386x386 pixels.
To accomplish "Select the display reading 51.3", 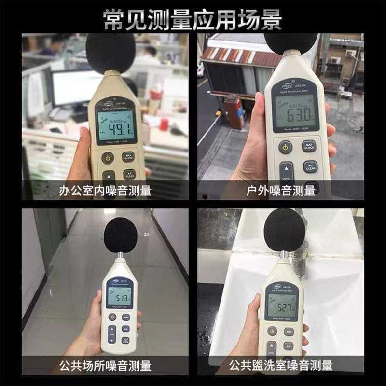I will (119, 298).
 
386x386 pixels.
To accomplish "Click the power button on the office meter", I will (107, 157).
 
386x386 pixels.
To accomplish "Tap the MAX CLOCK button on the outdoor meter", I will (309, 146).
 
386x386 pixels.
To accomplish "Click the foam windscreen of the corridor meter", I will (123, 234).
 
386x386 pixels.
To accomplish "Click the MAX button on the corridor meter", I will (125, 317).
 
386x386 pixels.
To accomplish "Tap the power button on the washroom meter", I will (273, 332).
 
